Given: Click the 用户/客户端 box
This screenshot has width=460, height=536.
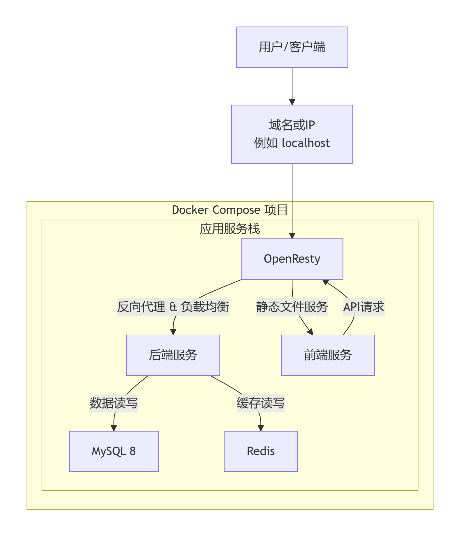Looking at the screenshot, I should click(x=292, y=47).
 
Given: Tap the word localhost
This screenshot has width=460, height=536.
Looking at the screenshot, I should click(x=306, y=143).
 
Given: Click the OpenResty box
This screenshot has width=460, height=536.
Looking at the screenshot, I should click(x=292, y=259).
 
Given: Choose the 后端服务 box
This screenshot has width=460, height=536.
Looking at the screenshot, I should click(x=173, y=355).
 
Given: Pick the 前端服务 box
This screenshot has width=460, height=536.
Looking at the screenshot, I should click(x=327, y=355).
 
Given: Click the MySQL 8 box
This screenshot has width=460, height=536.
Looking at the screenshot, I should click(x=113, y=451).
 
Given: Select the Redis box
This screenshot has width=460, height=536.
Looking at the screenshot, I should click(x=261, y=451).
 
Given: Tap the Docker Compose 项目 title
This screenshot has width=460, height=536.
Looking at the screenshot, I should click(x=229, y=210).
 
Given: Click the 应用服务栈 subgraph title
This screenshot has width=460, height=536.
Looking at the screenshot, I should click(x=229, y=229).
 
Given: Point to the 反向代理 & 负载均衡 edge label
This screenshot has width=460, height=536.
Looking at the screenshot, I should click(x=173, y=307).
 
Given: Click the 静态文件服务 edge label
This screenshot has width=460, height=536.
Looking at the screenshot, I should click(x=292, y=307).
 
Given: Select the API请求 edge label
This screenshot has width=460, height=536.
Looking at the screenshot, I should click(x=364, y=307).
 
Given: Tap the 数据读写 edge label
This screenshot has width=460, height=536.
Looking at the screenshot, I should click(x=113, y=403).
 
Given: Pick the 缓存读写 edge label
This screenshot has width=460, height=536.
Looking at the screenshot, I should click(x=261, y=403).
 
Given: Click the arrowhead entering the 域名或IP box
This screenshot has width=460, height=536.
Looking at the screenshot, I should click(x=292, y=102).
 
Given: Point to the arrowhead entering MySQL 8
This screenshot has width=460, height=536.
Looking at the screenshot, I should click(x=113, y=428).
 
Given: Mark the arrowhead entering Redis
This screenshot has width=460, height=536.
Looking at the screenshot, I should click(x=261, y=428).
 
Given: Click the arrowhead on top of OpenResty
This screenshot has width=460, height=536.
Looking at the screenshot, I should click(x=292, y=236).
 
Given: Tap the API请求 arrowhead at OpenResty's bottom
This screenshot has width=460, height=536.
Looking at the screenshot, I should click(x=325, y=282).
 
